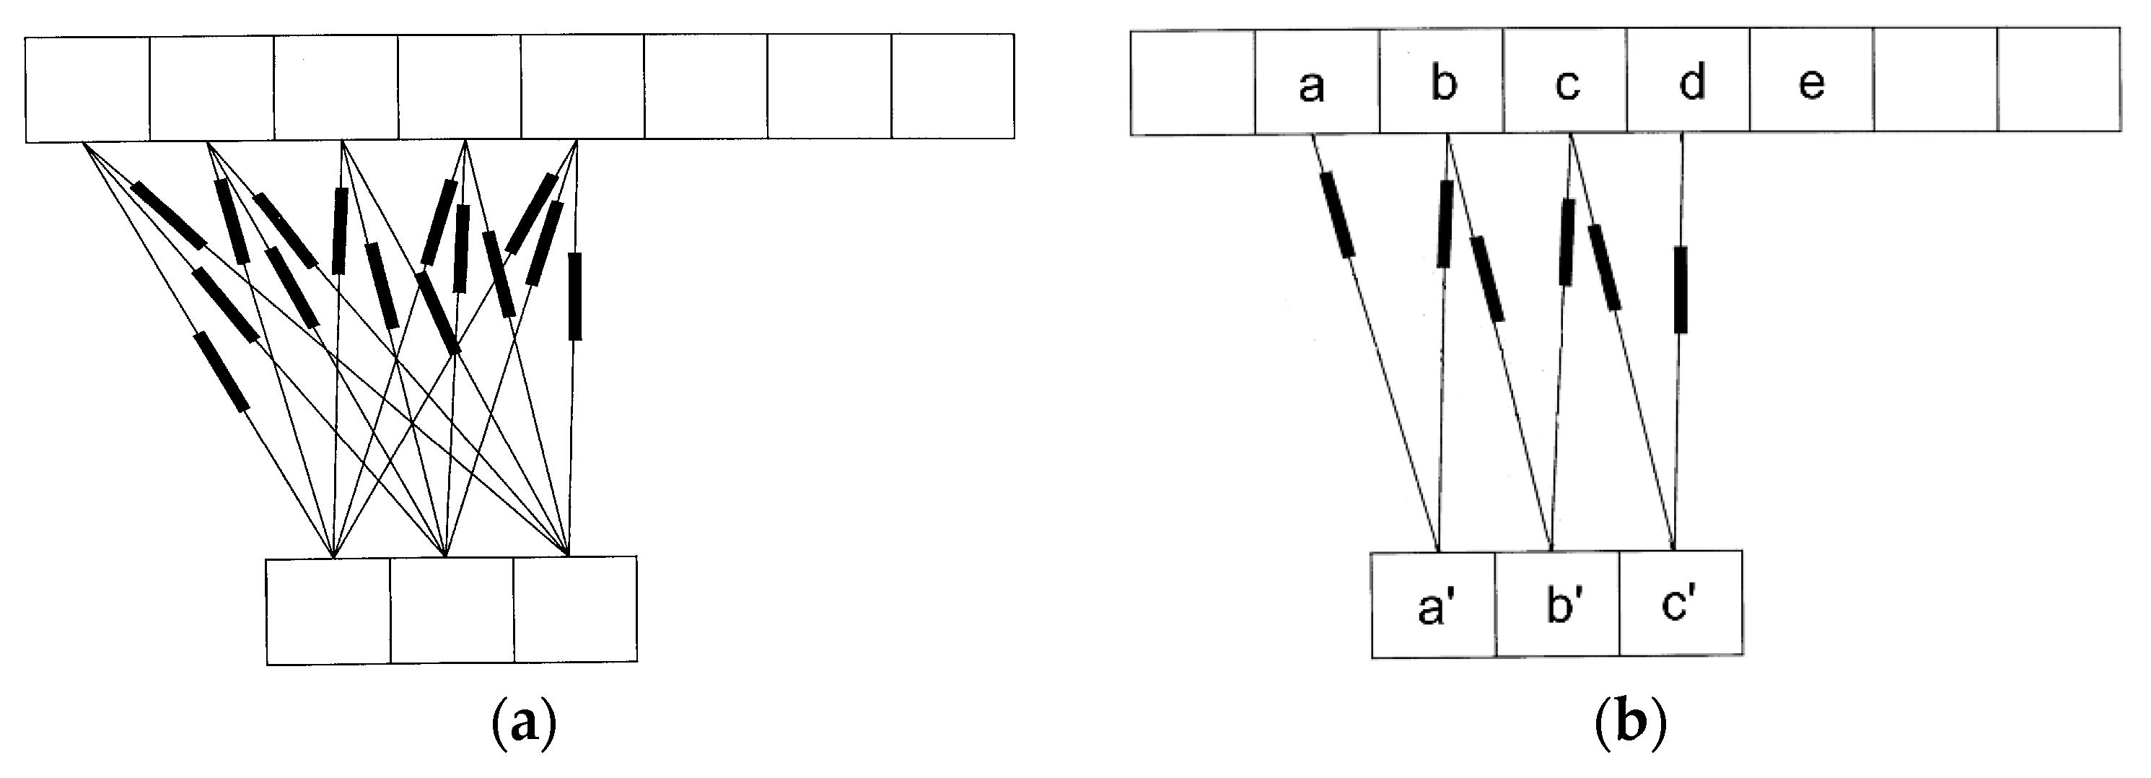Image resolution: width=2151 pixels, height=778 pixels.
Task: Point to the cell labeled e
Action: (1811, 84)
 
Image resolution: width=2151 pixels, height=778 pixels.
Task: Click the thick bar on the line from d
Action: (1680, 289)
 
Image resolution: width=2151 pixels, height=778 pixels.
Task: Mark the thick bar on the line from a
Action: (1337, 214)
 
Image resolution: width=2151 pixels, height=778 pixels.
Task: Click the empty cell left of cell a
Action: (1193, 84)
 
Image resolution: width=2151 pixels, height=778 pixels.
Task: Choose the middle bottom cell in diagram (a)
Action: (452, 611)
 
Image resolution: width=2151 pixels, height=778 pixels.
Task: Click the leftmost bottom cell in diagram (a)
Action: (328, 611)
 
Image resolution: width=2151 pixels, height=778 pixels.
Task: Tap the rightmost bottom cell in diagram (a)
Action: (575, 611)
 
